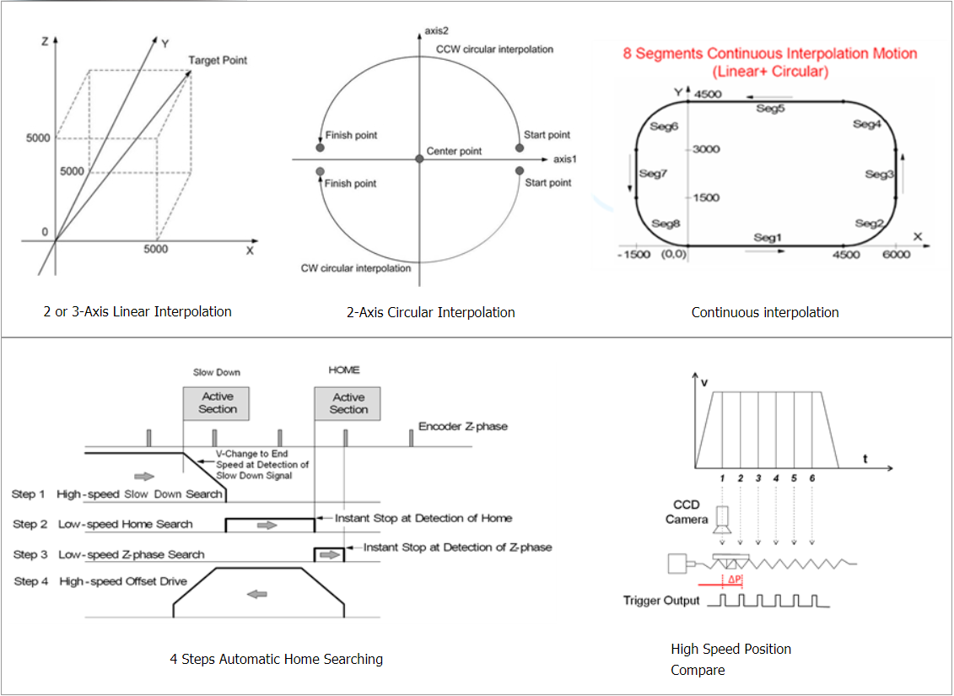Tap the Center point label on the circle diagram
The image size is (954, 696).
pyautogui.click(x=455, y=152)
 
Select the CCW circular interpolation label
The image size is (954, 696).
pyautogui.click(x=495, y=50)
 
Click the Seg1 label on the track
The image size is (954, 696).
pyautogui.click(x=768, y=238)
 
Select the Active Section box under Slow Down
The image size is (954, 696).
pyautogui.click(x=218, y=403)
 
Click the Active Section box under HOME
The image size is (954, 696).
pyautogui.click(x=348, y=403)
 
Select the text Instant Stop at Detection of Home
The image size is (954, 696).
pyautogui.click(x=423, y=518)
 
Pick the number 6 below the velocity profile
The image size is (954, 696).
pyautogui.click(x=811, y=478)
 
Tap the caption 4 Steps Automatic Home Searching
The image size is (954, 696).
pyautogui.click(x=277, y=658)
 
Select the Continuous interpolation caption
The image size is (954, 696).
pyautogui.click(x=764, y=312)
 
